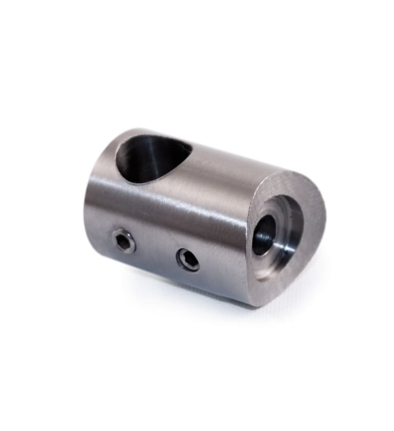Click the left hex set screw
pos(123,241)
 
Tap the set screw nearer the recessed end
pos(187,260)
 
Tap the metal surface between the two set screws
pos(156,251)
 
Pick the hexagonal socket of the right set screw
pos(188,260)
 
